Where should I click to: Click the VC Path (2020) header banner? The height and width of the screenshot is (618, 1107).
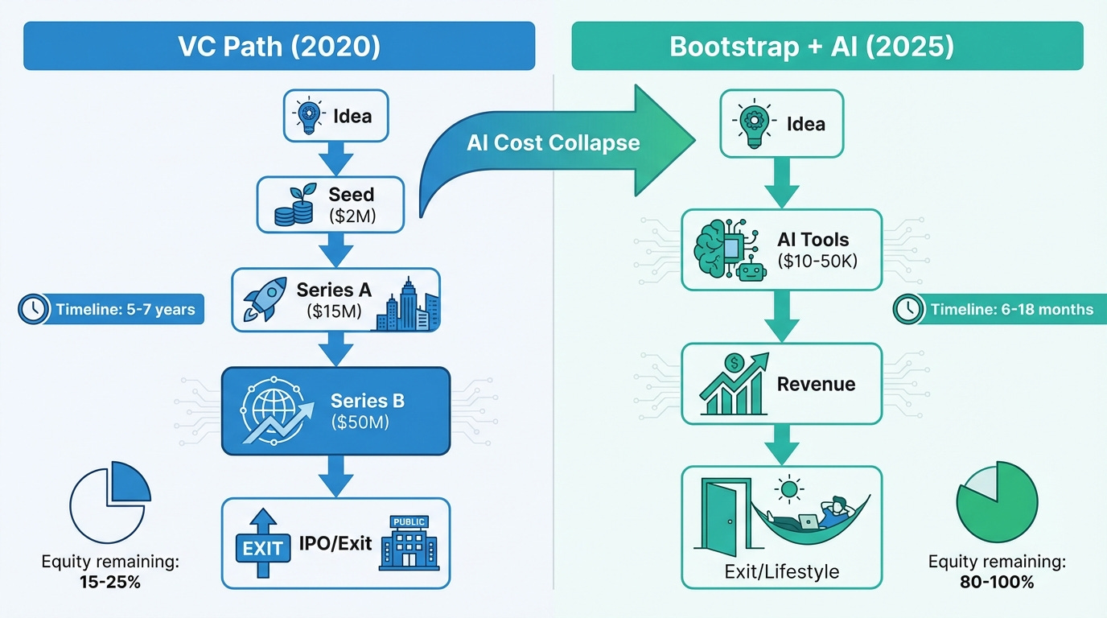(279, 46)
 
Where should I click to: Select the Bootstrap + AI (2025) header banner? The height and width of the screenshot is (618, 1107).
(827, 46)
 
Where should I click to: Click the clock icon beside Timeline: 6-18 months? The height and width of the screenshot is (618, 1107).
(908, 309)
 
